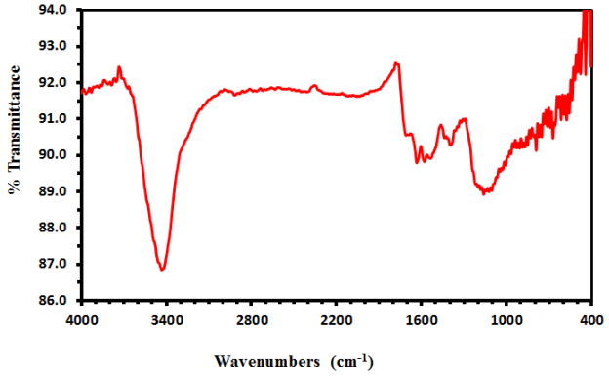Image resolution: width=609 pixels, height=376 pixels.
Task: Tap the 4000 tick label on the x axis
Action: (x=81, y=318)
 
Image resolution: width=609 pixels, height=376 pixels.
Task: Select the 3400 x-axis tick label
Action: (x=166, y=318)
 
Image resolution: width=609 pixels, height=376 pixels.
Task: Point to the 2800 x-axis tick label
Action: (x=252, y=318)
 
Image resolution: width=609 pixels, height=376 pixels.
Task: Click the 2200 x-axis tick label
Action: (x=337, y=318)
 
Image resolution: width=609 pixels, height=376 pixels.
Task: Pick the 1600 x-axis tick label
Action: (x=422, y=318)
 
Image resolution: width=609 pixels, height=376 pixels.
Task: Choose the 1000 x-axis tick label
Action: (x=507, y=318)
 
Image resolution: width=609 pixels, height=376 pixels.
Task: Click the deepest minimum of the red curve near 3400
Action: (x=163, y=269)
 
